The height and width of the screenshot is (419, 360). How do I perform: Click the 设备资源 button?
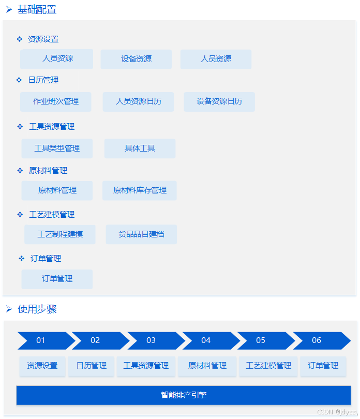(x=136, y=59)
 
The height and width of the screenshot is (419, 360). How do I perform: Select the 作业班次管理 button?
(x=56, y=101)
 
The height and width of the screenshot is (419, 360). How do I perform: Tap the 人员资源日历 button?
(x=138, y=101)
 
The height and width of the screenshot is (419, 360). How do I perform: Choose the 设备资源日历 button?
(x=219, y=101)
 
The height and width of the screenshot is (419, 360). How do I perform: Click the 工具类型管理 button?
(x=57, y=148)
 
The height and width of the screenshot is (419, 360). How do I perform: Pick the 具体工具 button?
(x=140, y=148)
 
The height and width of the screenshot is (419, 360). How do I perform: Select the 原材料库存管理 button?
(x=140, y=190)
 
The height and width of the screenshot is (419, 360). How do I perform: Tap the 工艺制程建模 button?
(x=60, y=234)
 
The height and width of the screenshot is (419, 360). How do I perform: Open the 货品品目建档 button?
(x=141, y=234)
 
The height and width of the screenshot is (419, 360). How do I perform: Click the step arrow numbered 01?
(x=41, y=340)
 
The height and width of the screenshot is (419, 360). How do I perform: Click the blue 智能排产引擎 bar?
(x=184, y=395)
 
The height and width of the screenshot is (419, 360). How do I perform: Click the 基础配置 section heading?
(x=37, y=9)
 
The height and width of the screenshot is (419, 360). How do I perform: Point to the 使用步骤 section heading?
(x=37, y=309)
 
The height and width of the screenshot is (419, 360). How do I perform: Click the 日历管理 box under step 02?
(x=92, y=366)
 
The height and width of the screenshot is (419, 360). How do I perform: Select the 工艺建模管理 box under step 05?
(x=268, y=366)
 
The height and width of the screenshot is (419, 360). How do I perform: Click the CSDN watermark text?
(x=337, y=412)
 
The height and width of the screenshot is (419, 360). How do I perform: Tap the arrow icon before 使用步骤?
(x=9, y=309)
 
